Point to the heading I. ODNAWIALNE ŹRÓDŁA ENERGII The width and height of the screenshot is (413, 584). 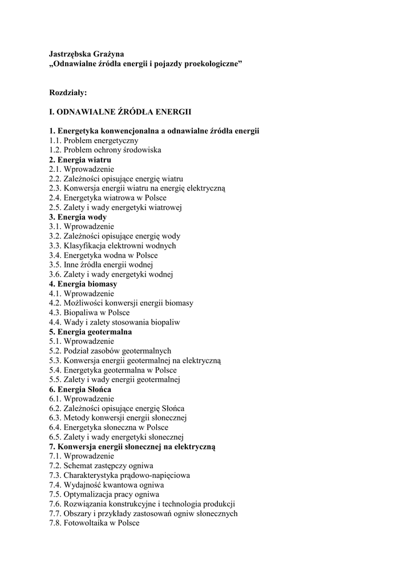pos(120,112)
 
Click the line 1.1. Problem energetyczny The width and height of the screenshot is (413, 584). pos(94,140)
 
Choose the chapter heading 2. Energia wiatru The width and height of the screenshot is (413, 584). pos(80,160)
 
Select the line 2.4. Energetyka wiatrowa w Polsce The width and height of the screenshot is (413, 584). pos(107,198)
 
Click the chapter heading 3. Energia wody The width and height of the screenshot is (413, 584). pos(78,217)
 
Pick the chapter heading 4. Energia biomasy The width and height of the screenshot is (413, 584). pos(83,284)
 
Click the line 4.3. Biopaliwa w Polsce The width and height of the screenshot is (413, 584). pos(89,313)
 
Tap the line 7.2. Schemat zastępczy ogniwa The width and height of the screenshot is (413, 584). pos(101,465)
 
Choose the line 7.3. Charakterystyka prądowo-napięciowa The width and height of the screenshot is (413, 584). pos(119,475)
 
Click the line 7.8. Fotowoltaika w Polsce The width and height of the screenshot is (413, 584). pos(94,523)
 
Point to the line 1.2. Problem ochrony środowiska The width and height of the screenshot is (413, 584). pos(105,150)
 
